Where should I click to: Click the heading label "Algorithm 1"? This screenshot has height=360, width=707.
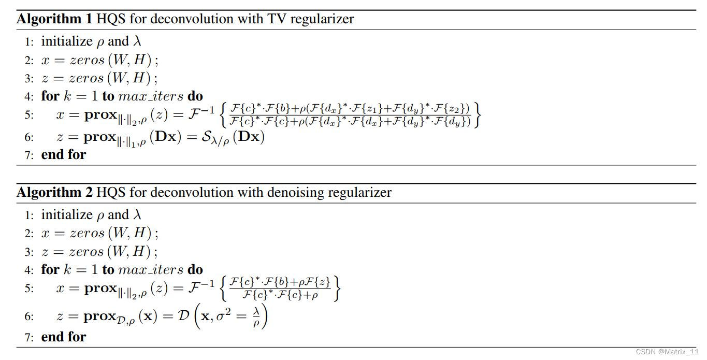click(x=53, y=20)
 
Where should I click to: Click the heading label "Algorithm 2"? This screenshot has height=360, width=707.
click(x=53, y=193)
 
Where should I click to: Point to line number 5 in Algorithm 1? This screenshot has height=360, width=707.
click(x=29, y=115)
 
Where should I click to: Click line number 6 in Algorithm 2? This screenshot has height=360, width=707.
click(x=29, y=316)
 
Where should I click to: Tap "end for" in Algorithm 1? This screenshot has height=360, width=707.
click(x=63, y=154)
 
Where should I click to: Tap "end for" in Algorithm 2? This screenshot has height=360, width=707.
click(x=63, y=337)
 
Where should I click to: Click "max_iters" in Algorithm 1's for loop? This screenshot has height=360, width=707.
click(x=151, y=97)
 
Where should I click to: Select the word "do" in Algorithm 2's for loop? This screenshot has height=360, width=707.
click(x=195, y=270)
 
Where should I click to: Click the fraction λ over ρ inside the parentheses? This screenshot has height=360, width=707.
click(x=256, y=317)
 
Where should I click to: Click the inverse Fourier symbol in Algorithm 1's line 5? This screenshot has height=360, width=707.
click(x=201, y=113)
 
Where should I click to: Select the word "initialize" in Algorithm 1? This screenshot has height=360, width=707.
click(x=66, y=41)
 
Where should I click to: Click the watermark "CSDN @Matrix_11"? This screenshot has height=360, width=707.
click(x=667, y=352)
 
